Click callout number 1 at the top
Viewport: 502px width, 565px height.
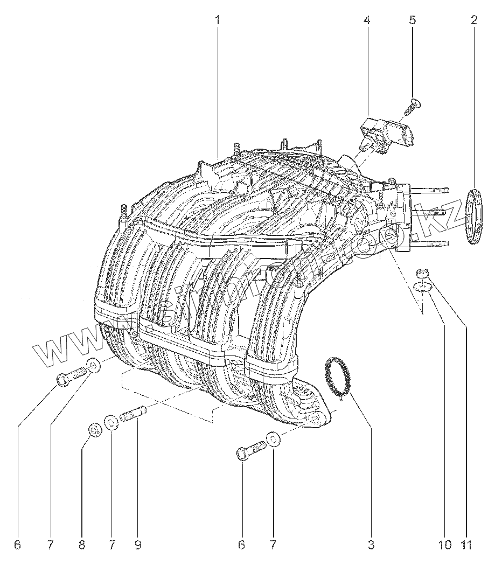pyautogui.click(x=218, y=20)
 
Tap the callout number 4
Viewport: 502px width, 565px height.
pyautogui.click(x=366, y=20)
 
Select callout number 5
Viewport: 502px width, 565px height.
pyautogui.click(x=412, y=20)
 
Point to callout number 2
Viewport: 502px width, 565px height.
pyautogui.click(x=474, y=20)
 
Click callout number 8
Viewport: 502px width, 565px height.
pyautogui.click(x=82, y=545)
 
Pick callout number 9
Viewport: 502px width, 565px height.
pyautogui.click(x=138, y=545)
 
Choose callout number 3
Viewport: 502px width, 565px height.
pyautogui.click(x=371, y=545)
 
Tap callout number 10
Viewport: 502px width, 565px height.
pyautogui.click(x=444, y=545)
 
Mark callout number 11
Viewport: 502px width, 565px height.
pyautogui.click(x=466, y=545)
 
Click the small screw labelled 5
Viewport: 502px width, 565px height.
pyautogui.click(x=412, y=107)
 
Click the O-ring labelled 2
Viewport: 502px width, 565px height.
pyautogui.click(x=473, y=217)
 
